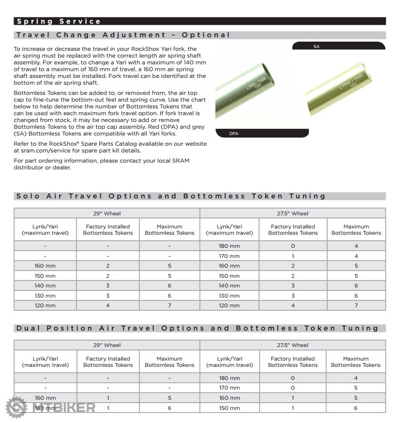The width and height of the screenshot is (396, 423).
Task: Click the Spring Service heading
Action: point(59,21)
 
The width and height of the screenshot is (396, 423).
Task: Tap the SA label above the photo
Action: point(317,46)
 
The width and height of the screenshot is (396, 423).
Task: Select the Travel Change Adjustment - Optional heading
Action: point(123,35)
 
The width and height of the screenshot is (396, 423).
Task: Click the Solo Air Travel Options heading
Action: point(171,196)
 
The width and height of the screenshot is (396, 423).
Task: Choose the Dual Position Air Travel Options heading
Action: point(197,328)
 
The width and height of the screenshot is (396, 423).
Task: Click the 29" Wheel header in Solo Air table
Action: point(107,213)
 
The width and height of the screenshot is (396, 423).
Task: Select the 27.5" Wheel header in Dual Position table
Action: point(292,345)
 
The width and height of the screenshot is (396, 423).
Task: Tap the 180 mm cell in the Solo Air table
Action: point(229,246)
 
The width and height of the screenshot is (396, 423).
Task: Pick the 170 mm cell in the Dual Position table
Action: point(229,388)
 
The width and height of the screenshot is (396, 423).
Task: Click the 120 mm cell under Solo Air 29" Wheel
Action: point(45,305)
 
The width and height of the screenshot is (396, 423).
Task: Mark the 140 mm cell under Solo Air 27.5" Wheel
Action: point(229,286)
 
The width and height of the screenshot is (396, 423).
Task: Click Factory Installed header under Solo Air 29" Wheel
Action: point(107,229)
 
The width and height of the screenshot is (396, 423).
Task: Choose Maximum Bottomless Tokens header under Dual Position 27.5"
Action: point(356,362)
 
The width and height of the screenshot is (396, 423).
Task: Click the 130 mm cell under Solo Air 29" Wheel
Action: point(45,296)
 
